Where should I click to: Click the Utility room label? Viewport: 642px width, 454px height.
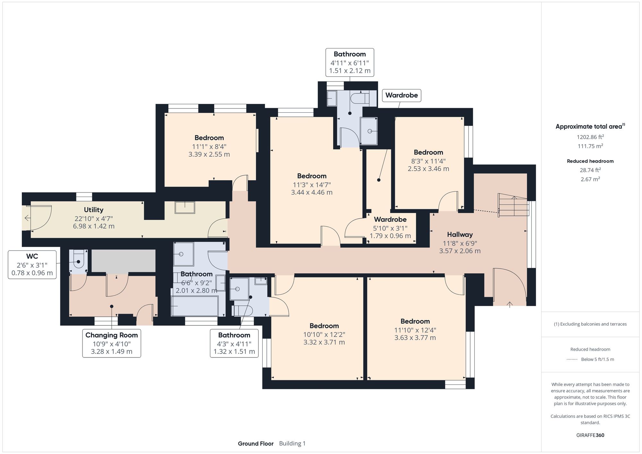pyautogui.click(x=93, y=210)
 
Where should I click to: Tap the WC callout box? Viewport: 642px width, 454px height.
pyautogui.click(x=32, y=265)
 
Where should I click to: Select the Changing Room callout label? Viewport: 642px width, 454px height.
pyautogui.click(x=111, y=343)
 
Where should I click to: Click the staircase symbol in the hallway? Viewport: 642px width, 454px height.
pyautogui.click(x=513, y=205)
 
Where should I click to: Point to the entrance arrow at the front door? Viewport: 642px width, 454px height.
pyautogui.click(x=510, y=304)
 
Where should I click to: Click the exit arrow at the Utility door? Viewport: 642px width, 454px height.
pyautogui.click(x=27, y=218)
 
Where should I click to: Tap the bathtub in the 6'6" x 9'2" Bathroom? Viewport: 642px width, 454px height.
pyautogui.click(x=195, y=306)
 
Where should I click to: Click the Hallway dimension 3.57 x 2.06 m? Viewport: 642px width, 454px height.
pyautogui.click(x=460, y=251)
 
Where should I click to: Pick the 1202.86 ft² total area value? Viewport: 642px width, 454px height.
pyautogui.click(x=590, y=137)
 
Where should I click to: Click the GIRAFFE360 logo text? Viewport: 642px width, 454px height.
pyautogui.click(x=590, y=435)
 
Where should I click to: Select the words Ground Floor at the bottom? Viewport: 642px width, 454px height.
pyautogui.click(x=256, y=443)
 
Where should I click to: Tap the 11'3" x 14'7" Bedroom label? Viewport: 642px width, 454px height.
pyautogui.click(x=312, y=176)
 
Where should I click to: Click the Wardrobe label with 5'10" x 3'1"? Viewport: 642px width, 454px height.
pyautogui.click(x=390, y=220)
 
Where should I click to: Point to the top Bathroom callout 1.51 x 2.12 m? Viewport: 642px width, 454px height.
pyautogui.click(x=350, y=71)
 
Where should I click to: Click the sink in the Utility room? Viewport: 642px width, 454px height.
pyautogui.click(x=185, y=207)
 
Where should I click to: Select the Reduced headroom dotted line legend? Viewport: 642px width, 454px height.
pyautogui.click(x=572, y=359)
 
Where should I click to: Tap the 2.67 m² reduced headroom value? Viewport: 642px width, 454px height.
pyautogui.click(x=590, y=179)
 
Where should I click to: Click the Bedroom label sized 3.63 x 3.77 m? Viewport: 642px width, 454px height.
pyautogui.click(x=415, y=321)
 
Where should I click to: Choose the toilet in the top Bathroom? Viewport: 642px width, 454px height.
pyautogui.click(x=360, y=98)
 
